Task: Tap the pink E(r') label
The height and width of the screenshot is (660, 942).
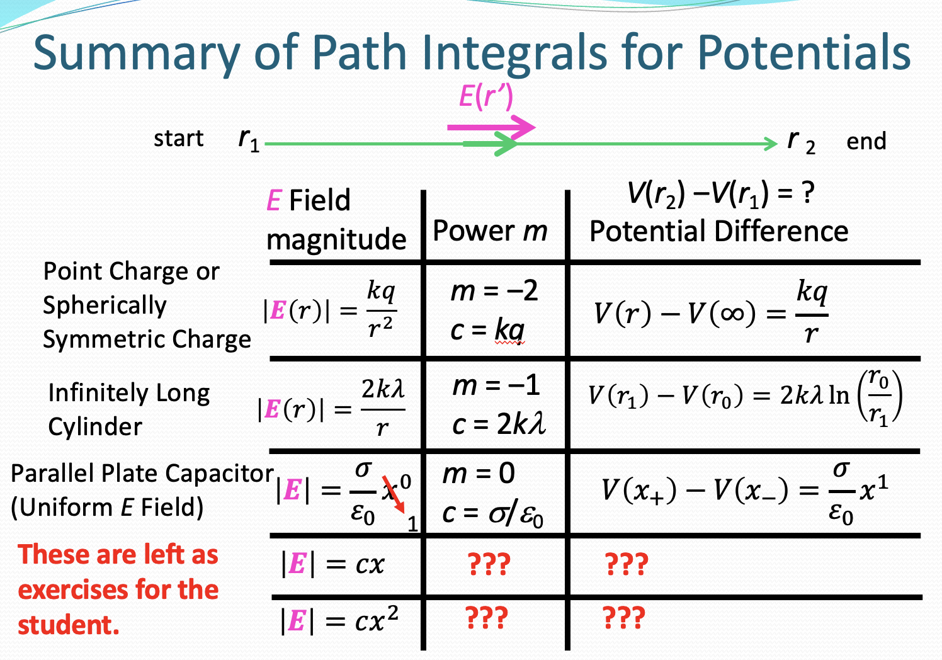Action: coord(485,96)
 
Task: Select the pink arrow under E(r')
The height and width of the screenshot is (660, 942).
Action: coord(491,127)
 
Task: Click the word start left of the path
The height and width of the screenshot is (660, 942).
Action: coord(179,139)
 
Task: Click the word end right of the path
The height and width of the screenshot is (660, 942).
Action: coord(866,142)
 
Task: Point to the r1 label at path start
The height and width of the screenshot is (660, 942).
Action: coord(249,140)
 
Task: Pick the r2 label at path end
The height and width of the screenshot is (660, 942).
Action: coord(801,142)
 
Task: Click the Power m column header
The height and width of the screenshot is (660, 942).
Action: coord(490,231)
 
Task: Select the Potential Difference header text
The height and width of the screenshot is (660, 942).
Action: coord(718,231)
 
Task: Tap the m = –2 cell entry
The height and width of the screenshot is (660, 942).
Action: coord(494,291)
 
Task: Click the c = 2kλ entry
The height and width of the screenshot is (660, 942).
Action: coord(499,424)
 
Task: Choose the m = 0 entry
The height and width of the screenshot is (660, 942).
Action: coord(479,474)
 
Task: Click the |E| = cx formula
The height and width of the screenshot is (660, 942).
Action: coord(332,564)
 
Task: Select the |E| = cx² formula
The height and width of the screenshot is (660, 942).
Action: coord(339,620)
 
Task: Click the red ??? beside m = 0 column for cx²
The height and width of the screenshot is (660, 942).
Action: coord(486,618)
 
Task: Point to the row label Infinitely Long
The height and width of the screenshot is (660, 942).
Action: coord(129,393)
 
